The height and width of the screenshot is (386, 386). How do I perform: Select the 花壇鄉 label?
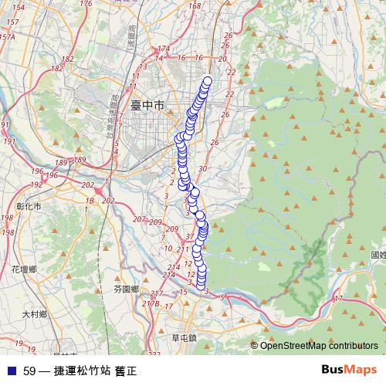click(24, 269)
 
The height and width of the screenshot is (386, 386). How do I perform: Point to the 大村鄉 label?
click(35, 314)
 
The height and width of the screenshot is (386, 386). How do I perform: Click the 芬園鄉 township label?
click(125, 289)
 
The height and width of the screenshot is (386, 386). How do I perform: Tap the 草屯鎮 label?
click(185, 337)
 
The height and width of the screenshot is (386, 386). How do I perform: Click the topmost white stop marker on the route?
click(207, 81)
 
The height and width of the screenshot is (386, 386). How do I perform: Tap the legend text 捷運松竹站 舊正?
click(93, 371)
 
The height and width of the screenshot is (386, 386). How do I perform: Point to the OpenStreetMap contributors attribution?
click(318, 346)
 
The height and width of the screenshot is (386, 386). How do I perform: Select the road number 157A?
click(8, 36)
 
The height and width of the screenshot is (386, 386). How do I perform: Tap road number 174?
click(162, 48)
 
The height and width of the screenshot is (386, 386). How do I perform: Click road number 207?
click(139, 220)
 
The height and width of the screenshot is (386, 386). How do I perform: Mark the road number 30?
click(202, 168)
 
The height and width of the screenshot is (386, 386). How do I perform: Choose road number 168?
click(194, 6)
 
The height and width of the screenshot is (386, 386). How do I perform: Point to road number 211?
click(183, 249)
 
